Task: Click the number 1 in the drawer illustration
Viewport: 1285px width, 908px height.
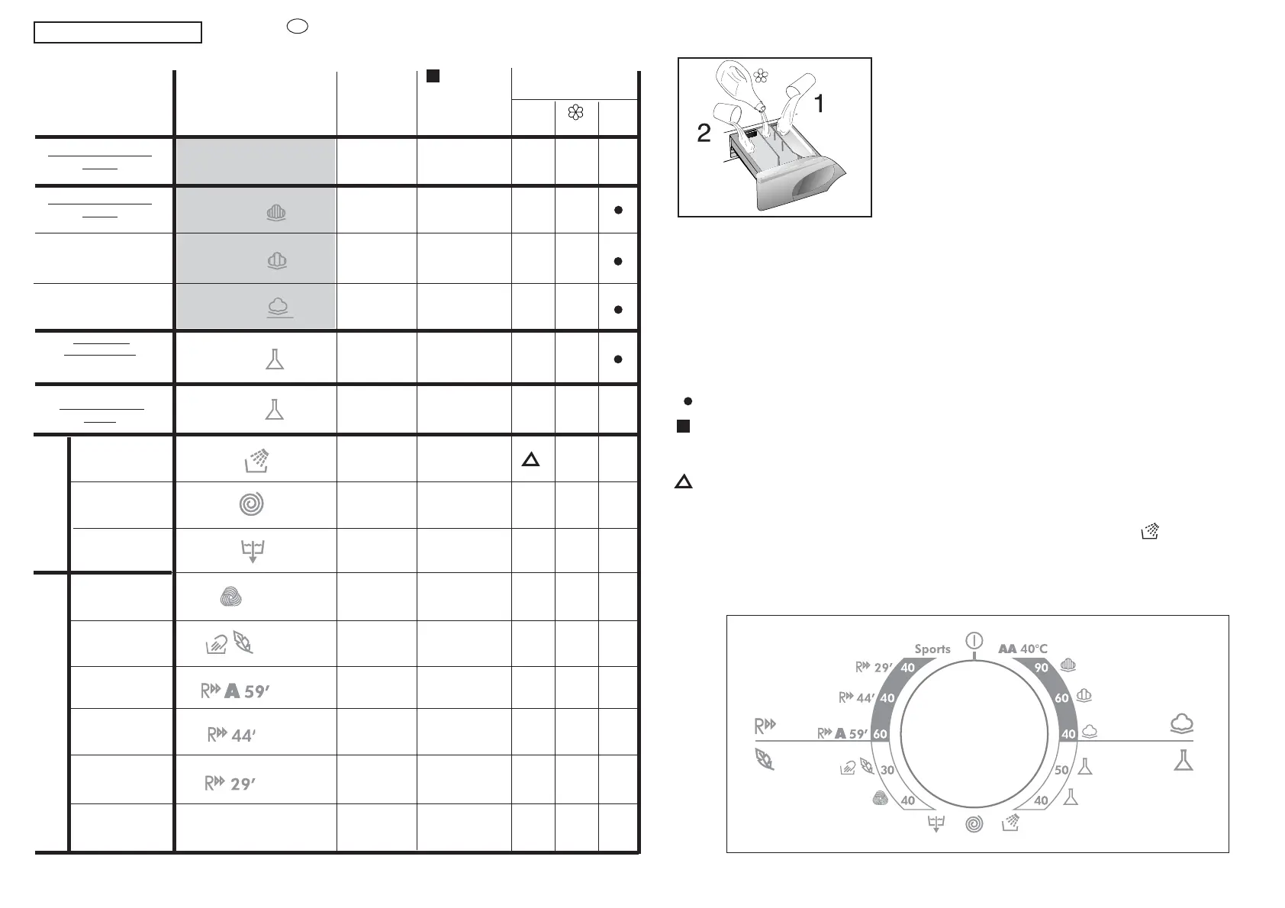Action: (820, 103)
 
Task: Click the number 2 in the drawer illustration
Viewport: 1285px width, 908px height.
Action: (704, 133)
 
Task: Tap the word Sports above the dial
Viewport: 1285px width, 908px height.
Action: (932, 649)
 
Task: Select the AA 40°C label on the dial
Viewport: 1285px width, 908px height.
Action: (1023, 649)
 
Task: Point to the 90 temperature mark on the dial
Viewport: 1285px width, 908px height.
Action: (1041, 668)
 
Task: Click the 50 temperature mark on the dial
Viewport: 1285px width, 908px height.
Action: (1061, 770)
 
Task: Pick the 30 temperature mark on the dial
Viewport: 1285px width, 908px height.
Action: (887, 770)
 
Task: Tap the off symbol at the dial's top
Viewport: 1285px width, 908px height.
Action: (974, 640)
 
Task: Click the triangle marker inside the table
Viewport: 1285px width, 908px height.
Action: (530, 459)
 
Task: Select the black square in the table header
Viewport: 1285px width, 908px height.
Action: (433, 76)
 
